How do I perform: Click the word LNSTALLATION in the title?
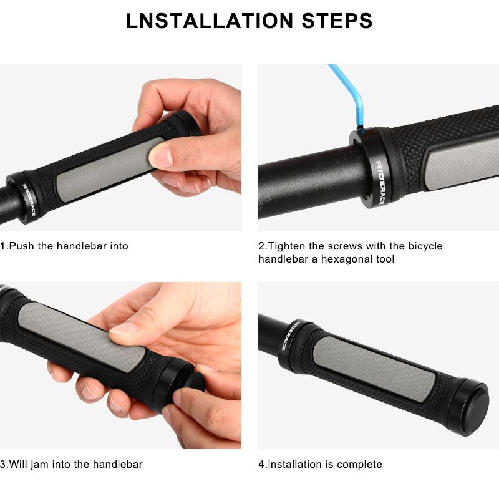210,21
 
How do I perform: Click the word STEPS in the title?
337,21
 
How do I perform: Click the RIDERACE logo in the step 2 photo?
380,182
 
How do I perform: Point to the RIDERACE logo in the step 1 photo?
29,199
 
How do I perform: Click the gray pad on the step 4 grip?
375,369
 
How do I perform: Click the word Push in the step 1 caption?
22,246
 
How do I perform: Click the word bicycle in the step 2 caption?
425,246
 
